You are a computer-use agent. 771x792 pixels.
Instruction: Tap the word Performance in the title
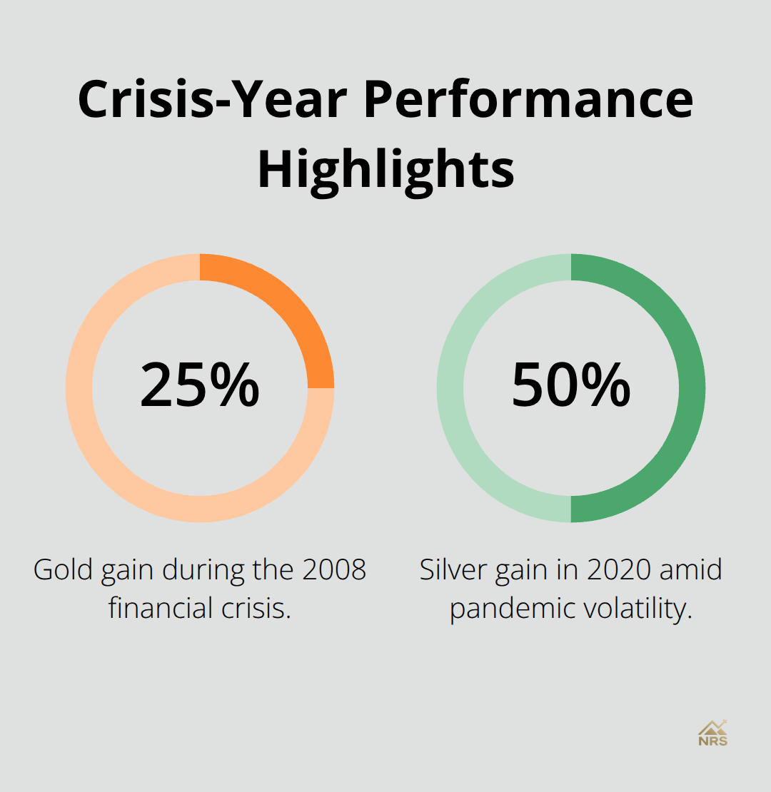(528, 99)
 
